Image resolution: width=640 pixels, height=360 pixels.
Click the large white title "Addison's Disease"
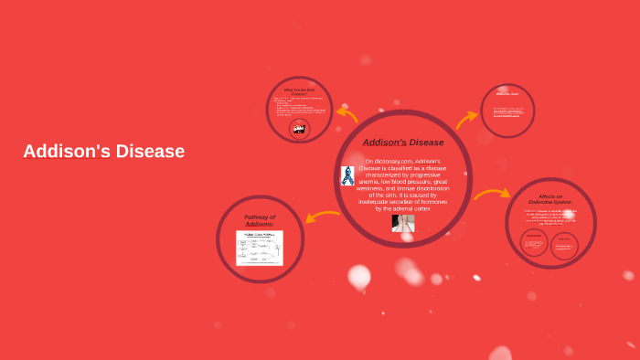pyautogui.click(x=104, y=152)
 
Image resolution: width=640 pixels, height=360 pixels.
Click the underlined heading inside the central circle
pyautogui.click(x=403, y=143)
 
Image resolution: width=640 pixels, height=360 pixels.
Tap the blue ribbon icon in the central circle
pyautogui.click(x=347, y=175)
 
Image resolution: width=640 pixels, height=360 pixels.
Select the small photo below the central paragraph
pyautogui.click(x=403, y=223)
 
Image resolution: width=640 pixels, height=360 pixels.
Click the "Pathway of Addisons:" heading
pyautogui.click(x=260, y=220)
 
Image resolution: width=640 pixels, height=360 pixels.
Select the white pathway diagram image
pyautogui.click(x=260, y=248)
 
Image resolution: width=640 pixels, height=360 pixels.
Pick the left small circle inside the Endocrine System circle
pyautogui.click(x=534, y=243)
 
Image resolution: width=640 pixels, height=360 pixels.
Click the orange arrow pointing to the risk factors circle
pyautogui.click(x=347, y=114)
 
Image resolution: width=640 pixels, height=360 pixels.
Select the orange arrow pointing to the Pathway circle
pyautogui.click(x=322, y=217)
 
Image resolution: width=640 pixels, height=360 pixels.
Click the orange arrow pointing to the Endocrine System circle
pyautogui.click(x=492, y=194)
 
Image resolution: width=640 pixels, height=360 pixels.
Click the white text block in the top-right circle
pyautogui.click(x=507, y=111)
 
